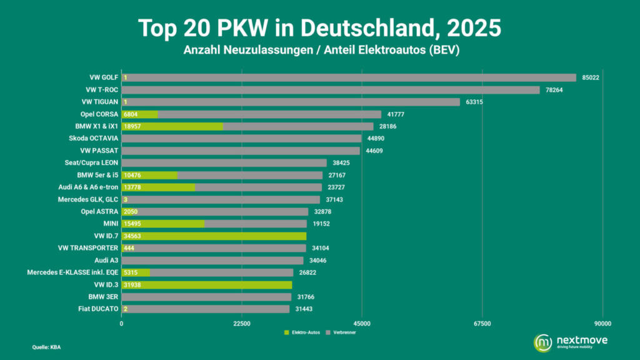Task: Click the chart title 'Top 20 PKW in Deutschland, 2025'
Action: click(x=319, y=28)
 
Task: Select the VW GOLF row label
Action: click(x=104, y=77)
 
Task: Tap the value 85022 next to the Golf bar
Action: click(x=591, y=78)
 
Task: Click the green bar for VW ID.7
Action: click(x=214, y=236)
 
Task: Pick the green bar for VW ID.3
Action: click(x=206, y=285)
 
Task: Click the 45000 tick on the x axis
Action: click(x=362, y=324)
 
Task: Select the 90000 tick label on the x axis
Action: click(x=602, y=324)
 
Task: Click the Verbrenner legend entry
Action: click(x=344, y=332)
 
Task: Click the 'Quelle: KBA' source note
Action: click(x=46, y=347)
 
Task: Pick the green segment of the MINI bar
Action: click(x=162, y=224)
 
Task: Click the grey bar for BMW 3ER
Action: click(x=206, y=297)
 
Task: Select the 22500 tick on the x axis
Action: click(x=241, y=324)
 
